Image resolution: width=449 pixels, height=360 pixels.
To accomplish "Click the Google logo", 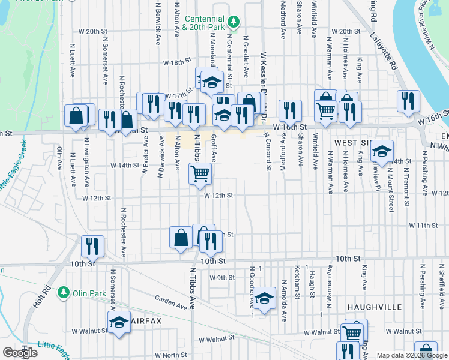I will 20,352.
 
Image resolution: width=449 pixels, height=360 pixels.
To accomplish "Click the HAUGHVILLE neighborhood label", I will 374,307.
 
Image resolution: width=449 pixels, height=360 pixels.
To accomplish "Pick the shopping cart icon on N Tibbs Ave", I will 200,174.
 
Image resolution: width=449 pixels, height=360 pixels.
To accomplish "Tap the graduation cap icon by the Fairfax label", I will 119,323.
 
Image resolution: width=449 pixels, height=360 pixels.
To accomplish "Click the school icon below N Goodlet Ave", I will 264,298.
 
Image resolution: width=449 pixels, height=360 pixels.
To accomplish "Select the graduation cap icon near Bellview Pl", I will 381,152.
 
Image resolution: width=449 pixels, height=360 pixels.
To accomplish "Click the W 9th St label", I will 221,278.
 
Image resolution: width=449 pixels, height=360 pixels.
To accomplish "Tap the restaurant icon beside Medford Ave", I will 290,110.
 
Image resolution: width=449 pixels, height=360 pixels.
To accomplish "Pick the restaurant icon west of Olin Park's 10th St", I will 92,245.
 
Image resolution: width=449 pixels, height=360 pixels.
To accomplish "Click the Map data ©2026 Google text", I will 412,355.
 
